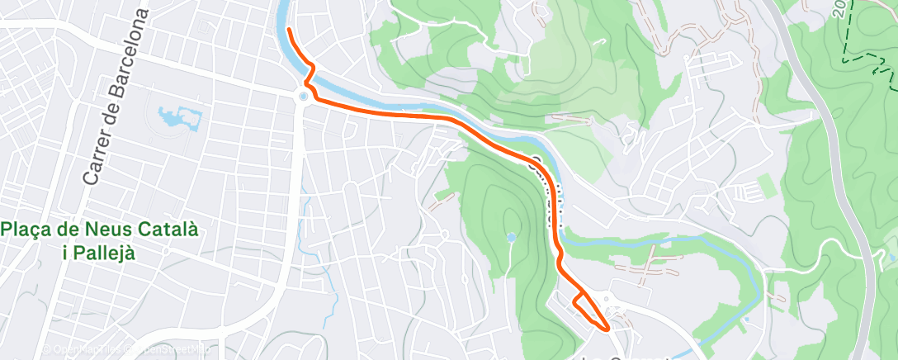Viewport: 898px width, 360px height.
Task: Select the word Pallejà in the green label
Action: pyautogui.click(x=99, y=253)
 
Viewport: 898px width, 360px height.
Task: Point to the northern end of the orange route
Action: pyautogui.click(x=289, y=30)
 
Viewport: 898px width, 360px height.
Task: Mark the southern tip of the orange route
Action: pyautogui.click(x=609, y=328)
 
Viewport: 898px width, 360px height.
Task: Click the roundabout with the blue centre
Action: pyautogui.click(x=304, y=97)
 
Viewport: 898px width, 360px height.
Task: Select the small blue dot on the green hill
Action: pyautogui.click(x=512, y=238)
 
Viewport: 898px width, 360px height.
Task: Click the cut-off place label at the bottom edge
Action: pyautogui.click(x=627, y=357)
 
